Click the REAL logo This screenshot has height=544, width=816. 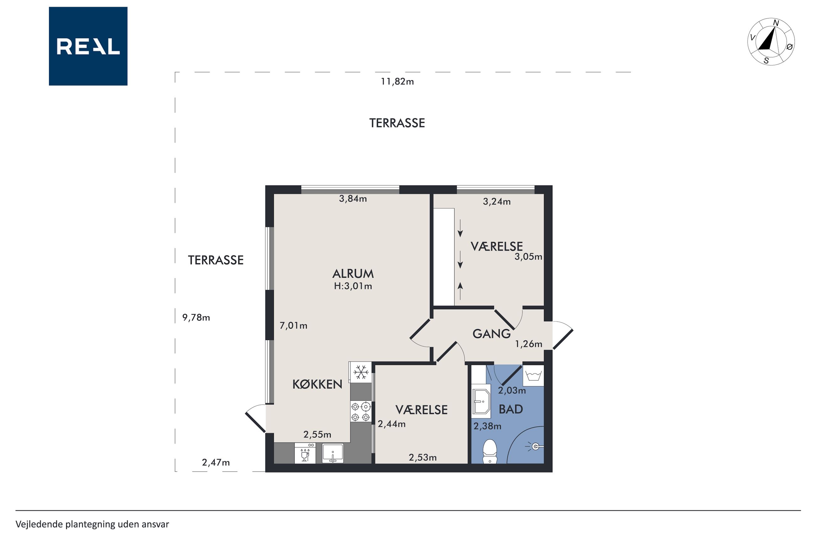point(88,46)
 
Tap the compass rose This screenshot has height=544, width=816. point(770,41)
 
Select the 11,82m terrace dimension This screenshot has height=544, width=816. point(397,82)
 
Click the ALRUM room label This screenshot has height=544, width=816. point(353,274)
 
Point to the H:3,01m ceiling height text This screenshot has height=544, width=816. point(353,286)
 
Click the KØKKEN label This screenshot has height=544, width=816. point(317,385)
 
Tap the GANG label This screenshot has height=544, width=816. point(491,334)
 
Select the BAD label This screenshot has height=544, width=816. point(511,409)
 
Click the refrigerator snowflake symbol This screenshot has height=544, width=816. point(361,372)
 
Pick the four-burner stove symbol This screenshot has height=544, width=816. point(361,412)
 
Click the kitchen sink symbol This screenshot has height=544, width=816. point(333,453)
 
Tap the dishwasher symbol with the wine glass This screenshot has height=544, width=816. point(305,453)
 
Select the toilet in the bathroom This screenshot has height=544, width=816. point(490,451)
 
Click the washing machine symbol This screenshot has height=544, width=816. point(533,376)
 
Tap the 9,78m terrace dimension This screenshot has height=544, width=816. point(196,318)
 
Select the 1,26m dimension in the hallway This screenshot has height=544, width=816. point(528,344)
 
